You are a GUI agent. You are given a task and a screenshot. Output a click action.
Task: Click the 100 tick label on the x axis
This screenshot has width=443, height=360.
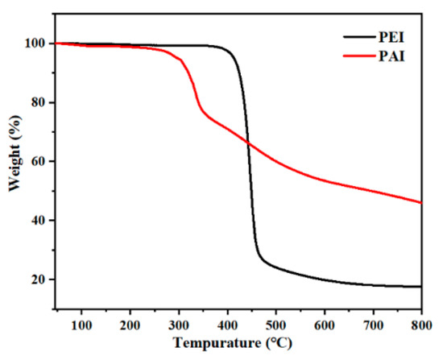coord(81,325)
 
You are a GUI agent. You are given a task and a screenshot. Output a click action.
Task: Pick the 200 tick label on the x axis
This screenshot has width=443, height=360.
coord(130,325)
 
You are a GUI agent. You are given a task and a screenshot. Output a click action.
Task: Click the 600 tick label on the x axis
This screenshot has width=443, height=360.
coord(324,325)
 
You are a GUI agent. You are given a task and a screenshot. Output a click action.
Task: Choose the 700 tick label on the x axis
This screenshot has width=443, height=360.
coord(373,325)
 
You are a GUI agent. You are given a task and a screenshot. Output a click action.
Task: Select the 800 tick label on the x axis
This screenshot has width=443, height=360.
coord(420,325)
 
